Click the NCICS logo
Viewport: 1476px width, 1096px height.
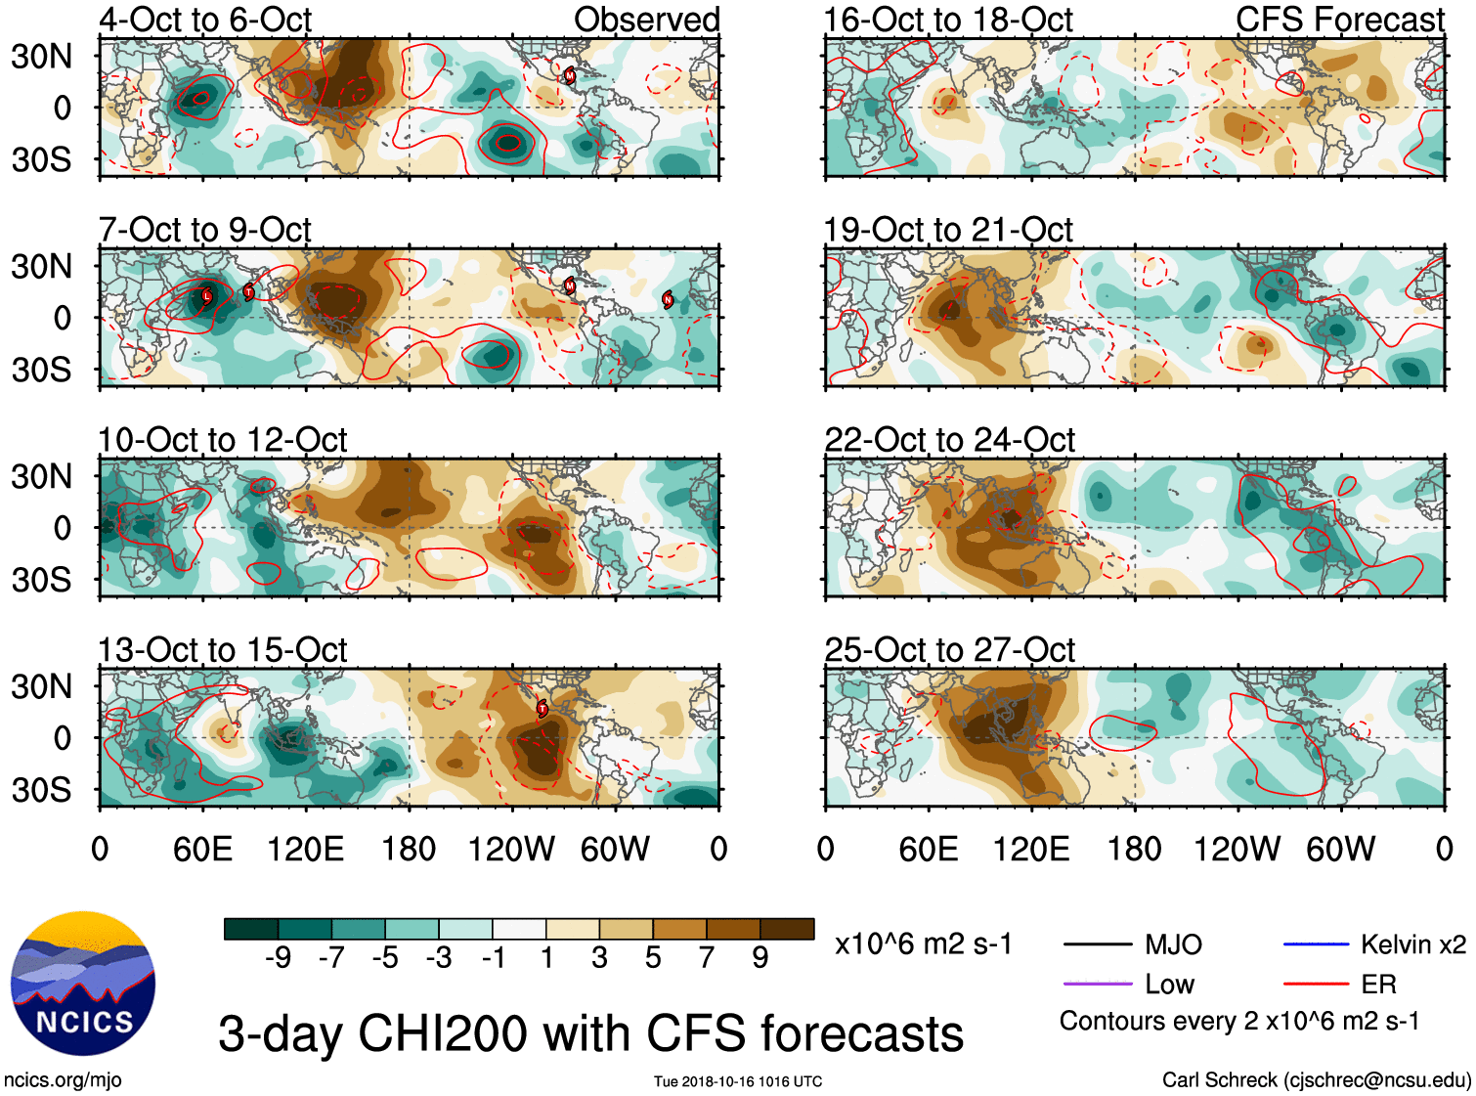[82, 984]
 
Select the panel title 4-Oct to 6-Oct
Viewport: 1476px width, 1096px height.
[205, 20]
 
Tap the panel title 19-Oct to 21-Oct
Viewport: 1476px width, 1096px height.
[948, 230]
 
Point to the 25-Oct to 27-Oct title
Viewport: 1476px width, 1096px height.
[949, 650]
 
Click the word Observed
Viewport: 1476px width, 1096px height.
[646, 20]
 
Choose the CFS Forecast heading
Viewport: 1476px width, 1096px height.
[1339, 20]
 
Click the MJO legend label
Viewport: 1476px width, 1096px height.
[1173, 944]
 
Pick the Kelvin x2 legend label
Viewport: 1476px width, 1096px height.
[1412, 944]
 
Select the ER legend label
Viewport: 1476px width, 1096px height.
[1378, 985]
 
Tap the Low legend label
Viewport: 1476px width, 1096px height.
[1169, 985]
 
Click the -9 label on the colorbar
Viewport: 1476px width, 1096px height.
[278, 958]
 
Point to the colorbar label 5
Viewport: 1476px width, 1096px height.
[653, 958]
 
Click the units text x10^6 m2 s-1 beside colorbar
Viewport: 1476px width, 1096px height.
[923, 944]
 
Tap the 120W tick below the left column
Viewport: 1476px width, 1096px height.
[511, 849]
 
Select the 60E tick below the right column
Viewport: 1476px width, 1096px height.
[928, 849]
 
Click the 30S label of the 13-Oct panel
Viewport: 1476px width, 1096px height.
[41, 790]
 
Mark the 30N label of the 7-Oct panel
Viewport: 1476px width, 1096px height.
[41, 266]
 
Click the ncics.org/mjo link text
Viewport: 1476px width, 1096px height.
[63, 1080]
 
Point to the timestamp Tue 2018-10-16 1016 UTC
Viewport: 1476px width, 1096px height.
[738, 1081]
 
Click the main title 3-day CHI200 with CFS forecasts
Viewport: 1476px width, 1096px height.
[590, 1034]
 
